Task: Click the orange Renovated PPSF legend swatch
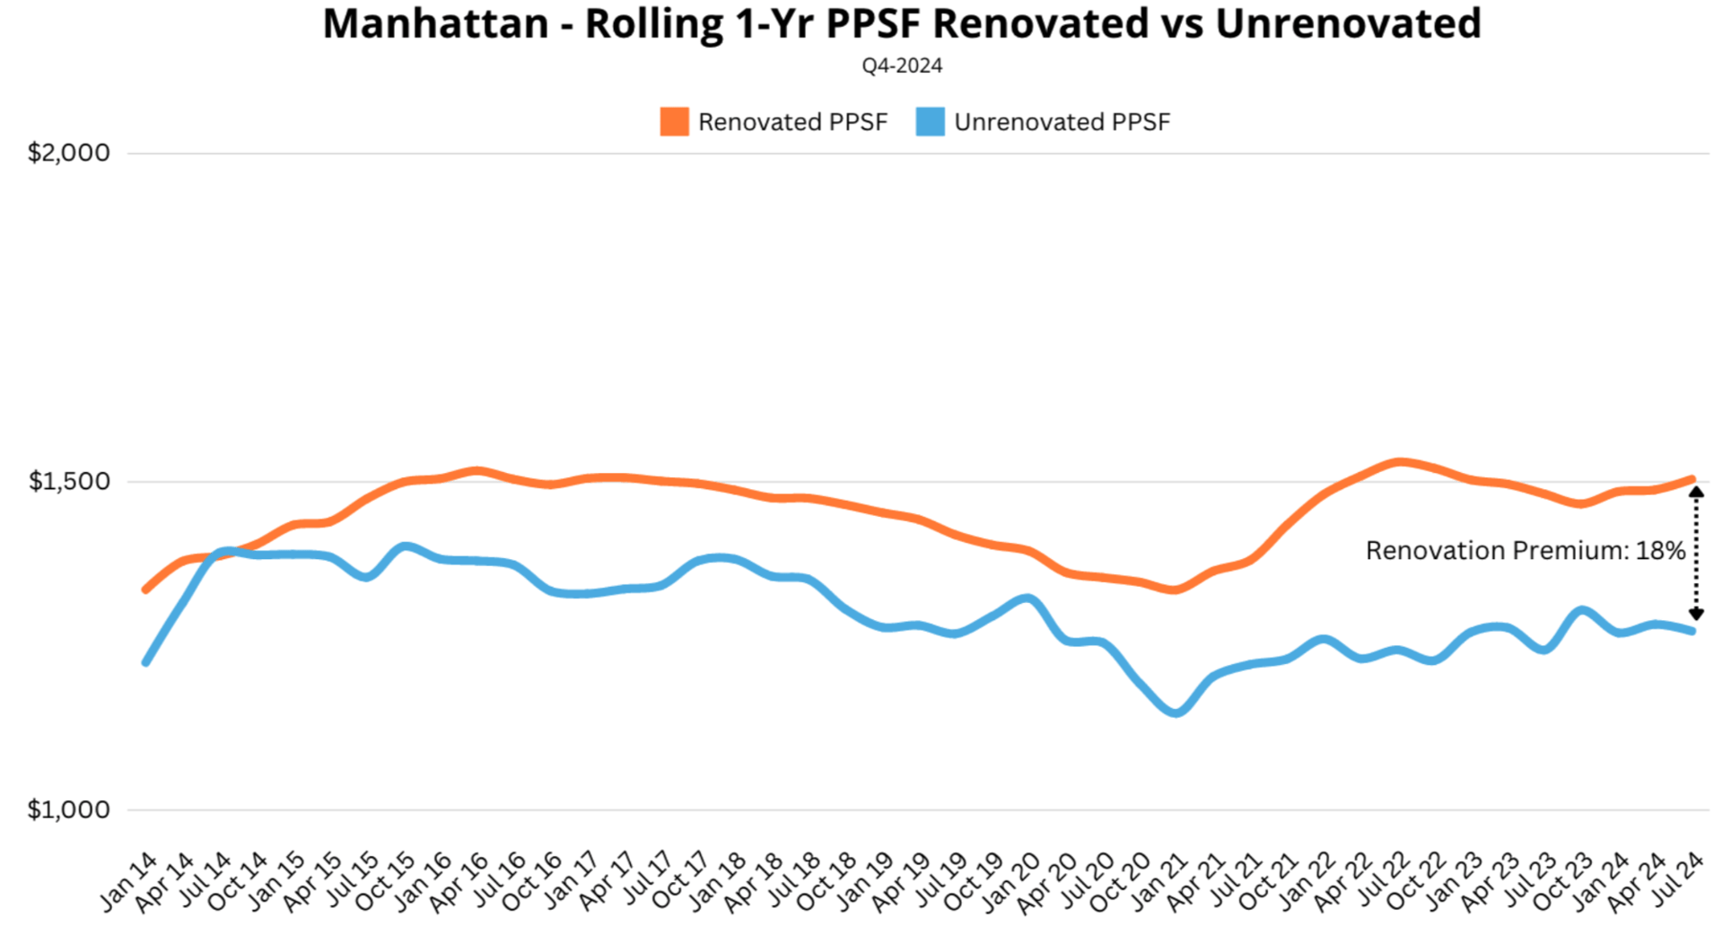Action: [674, 122]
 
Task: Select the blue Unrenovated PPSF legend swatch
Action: [930, 122]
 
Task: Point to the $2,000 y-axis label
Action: [69, 153]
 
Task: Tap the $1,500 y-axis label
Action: [69, 481]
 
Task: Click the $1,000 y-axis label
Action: [69, 809]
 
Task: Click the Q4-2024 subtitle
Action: [902, 66]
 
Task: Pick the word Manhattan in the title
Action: [435, 23]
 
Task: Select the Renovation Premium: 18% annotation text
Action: [1525, 550]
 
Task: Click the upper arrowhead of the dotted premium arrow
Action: [1696, 492]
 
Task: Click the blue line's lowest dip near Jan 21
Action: [1176, 712]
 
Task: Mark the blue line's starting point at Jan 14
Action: [145, 662]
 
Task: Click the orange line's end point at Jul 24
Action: [1692, 479]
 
